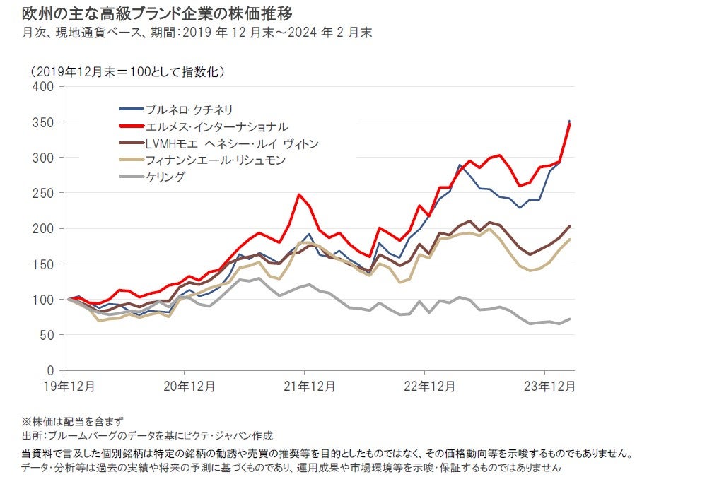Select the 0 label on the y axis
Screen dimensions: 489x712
click(51, 370)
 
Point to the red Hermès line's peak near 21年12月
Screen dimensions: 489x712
click(299, 194)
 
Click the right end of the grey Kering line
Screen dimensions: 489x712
click(570, 319)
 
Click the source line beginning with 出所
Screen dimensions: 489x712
click(147, 436)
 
